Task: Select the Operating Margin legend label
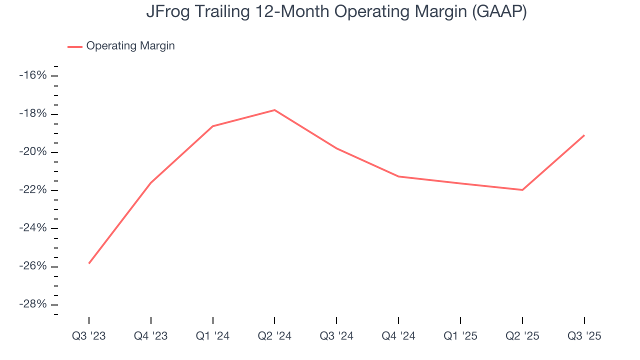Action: click(130, 46)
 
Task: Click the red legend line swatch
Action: click(75, 46)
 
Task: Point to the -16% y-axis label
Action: click(33, 75)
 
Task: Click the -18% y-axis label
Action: click(33, 113)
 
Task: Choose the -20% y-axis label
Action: click(33, 152)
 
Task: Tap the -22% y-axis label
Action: click(33, 190)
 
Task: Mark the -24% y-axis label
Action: click(33, 228)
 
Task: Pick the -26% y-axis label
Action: click(33, 266)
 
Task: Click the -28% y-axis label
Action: click(33, 304)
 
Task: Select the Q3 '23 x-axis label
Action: click(89, 336)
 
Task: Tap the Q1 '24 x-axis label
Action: click(213, 336)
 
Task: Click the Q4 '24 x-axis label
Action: click(398, 336)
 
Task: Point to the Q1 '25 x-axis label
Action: click(460, 336)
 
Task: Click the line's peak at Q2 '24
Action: click(274, 110)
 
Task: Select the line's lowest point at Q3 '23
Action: click(89, 263)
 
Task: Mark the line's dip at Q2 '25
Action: click(522, 190)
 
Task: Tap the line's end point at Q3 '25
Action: click(584, 135)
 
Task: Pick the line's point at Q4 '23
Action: click(151, 182)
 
